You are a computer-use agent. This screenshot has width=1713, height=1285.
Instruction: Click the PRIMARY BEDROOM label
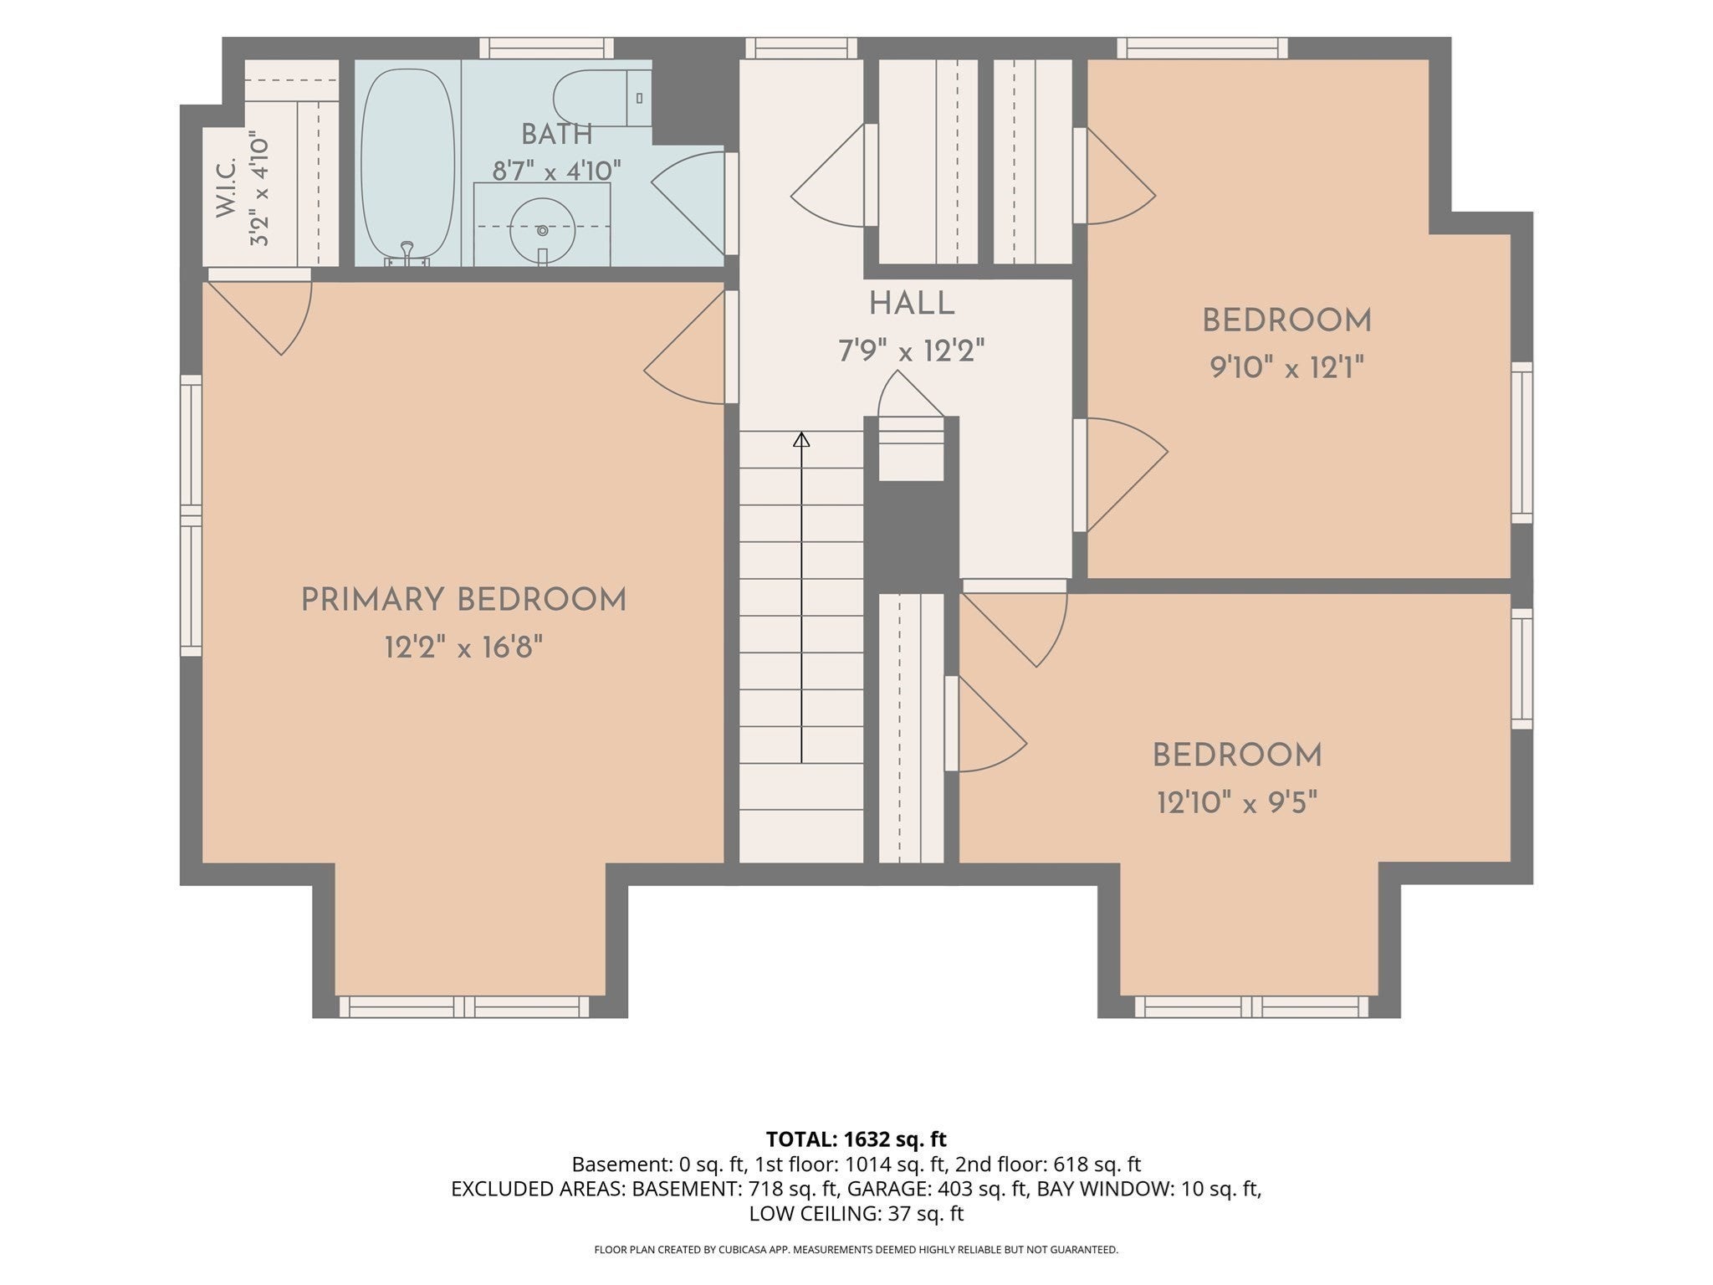tap(463, 601)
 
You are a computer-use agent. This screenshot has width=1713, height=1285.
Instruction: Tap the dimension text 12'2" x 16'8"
tap(463, 647)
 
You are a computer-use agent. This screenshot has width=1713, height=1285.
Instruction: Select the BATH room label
tap(556, 134)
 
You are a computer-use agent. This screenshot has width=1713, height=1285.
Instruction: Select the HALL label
tap(912, 304)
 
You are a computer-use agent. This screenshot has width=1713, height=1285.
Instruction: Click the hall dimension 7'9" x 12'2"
tap(912, 351)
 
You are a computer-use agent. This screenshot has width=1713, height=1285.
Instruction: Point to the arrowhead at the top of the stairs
tap(801, 438)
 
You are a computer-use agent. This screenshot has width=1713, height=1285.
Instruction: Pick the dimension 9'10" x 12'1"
tap(1286, 366)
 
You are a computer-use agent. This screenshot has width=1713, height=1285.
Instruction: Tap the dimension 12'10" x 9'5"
tap(1237, 803)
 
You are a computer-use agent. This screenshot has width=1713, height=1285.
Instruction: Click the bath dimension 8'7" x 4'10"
tap(556, 171)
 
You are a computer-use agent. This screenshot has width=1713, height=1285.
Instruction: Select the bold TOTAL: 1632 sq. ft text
tap(856, 1139)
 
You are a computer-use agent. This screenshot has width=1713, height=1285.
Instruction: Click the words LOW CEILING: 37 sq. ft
tap(856, 1214)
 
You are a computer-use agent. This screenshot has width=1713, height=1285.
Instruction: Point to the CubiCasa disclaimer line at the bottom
tap(856, 1250)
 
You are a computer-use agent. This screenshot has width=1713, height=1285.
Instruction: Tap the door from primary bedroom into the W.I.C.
tap(259, 311)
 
